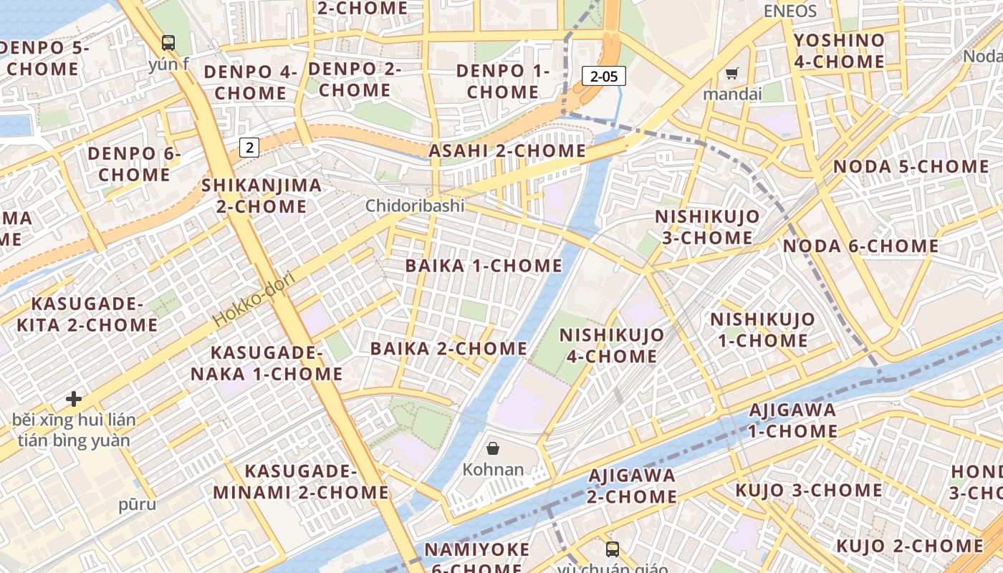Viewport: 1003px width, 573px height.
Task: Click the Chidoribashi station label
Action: (415, 206)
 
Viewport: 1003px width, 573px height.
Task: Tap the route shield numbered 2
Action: (249, 148)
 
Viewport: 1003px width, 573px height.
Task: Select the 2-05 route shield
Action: (603, 76)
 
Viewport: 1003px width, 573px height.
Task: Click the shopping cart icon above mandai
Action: (731, 73)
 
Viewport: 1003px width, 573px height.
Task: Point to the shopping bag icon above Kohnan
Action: (493, 449)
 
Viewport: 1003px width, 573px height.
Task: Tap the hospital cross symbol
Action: (74, 398)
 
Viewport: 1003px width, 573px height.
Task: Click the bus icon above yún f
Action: (168, 43)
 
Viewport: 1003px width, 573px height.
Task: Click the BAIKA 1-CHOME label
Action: (484, 266)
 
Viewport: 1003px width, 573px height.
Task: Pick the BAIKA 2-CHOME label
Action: (448, 349)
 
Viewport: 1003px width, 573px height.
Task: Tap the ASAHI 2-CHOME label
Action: (507, 151)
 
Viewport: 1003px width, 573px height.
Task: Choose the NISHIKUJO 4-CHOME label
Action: (611, 345)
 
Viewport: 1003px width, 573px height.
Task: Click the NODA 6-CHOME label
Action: (860, 246)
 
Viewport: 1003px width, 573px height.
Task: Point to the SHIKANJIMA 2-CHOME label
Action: (261, 196)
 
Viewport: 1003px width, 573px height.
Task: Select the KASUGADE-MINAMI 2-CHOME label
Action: (301, 482)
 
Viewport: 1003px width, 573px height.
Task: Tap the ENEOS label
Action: (790, 11)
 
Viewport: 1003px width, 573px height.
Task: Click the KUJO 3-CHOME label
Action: (809, 491)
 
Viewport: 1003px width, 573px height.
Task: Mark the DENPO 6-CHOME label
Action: (134, 164)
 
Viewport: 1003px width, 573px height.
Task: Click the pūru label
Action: (137, 504)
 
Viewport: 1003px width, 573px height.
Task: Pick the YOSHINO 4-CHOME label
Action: (839, 51)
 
